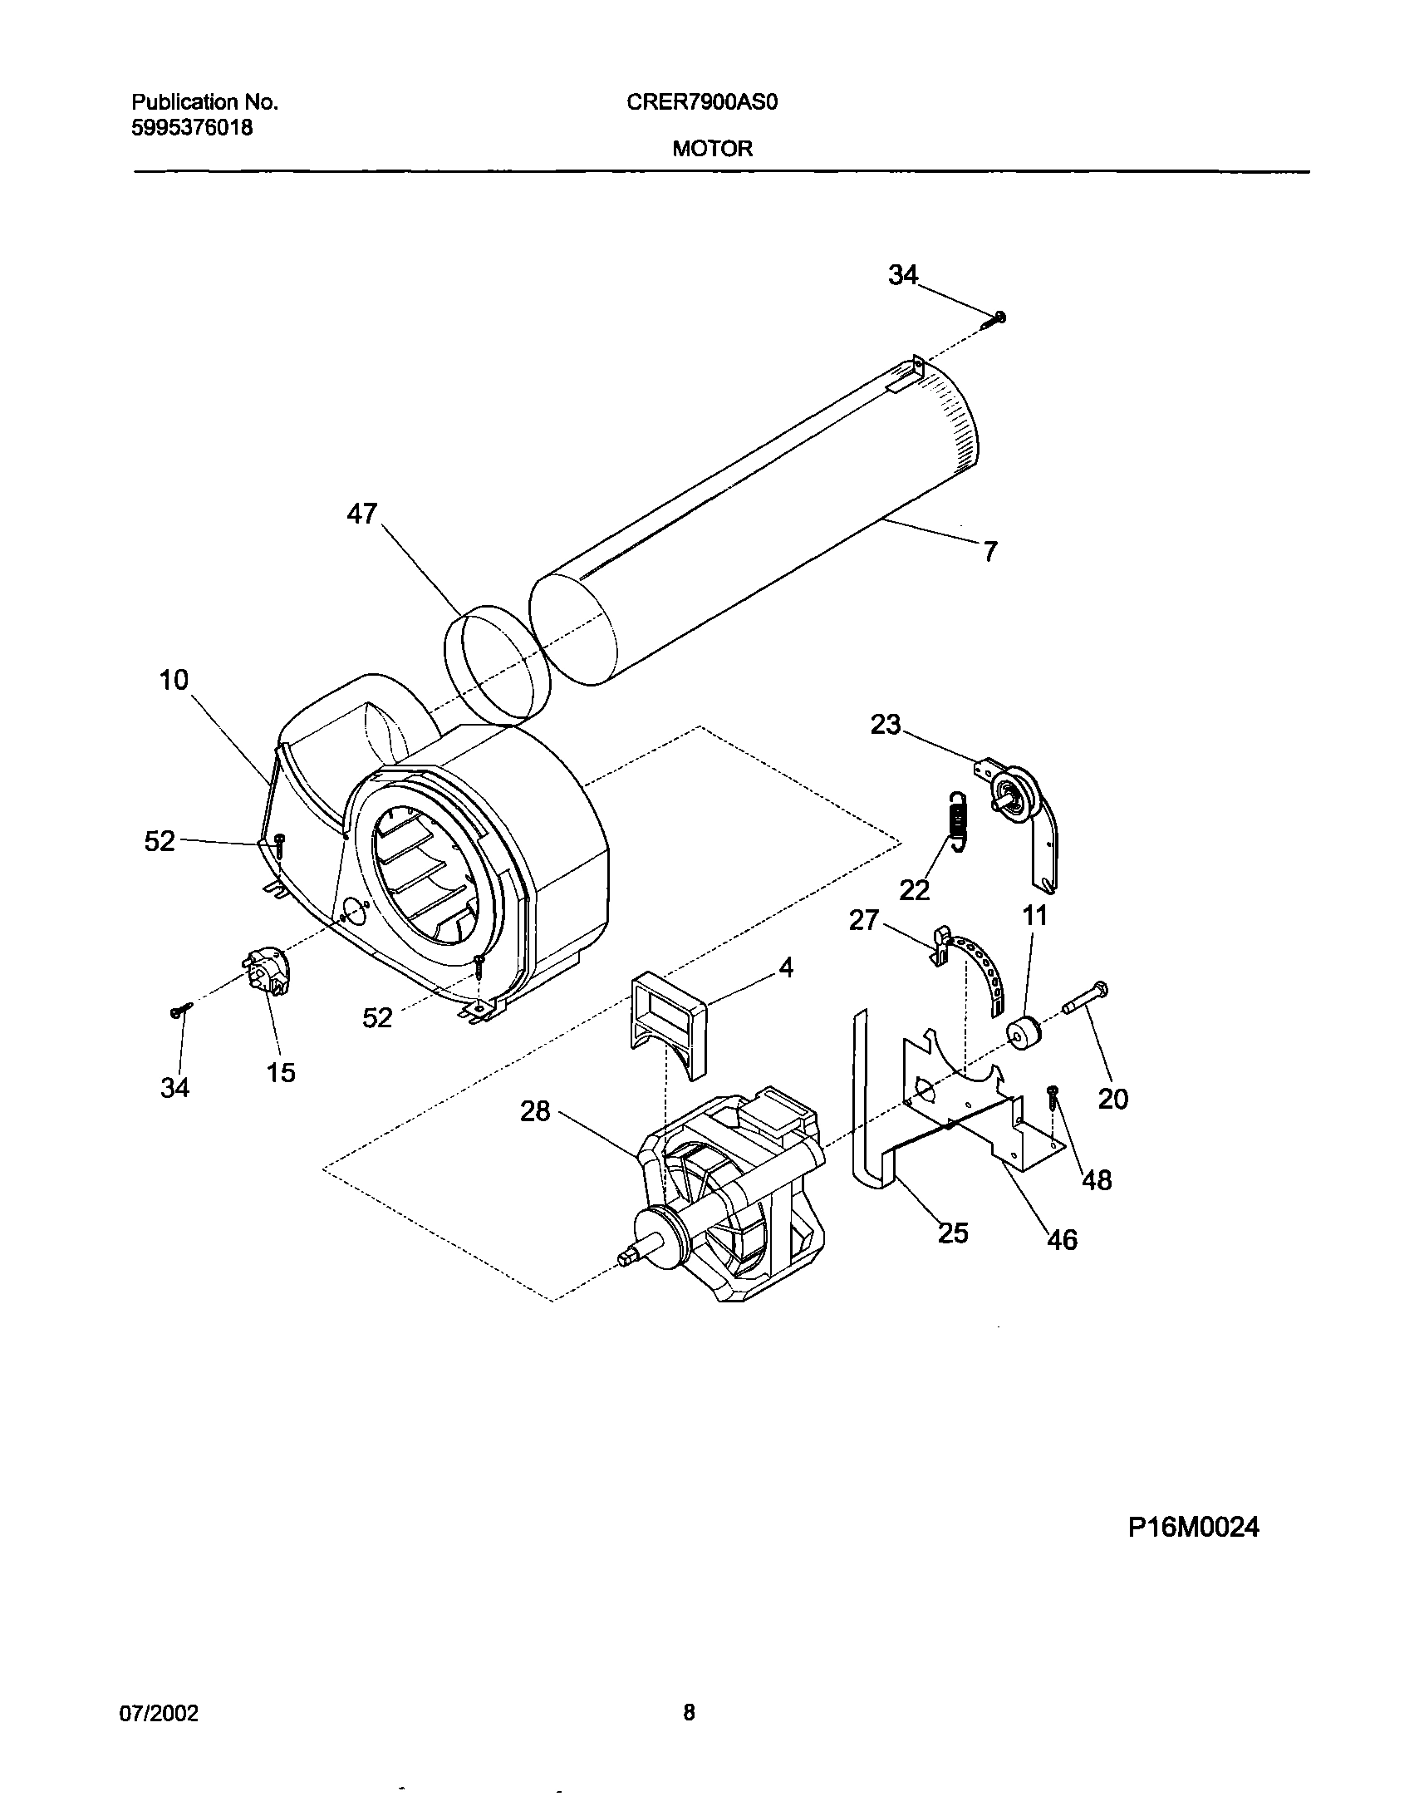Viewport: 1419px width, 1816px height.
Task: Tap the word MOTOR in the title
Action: [713, 149]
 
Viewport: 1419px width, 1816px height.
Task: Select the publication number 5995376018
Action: [193, 128]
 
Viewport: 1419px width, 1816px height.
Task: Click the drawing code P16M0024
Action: [1193, 1528]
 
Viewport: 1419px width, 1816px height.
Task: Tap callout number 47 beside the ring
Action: [362, 514]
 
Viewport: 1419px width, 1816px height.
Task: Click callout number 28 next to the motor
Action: [536, 1111]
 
